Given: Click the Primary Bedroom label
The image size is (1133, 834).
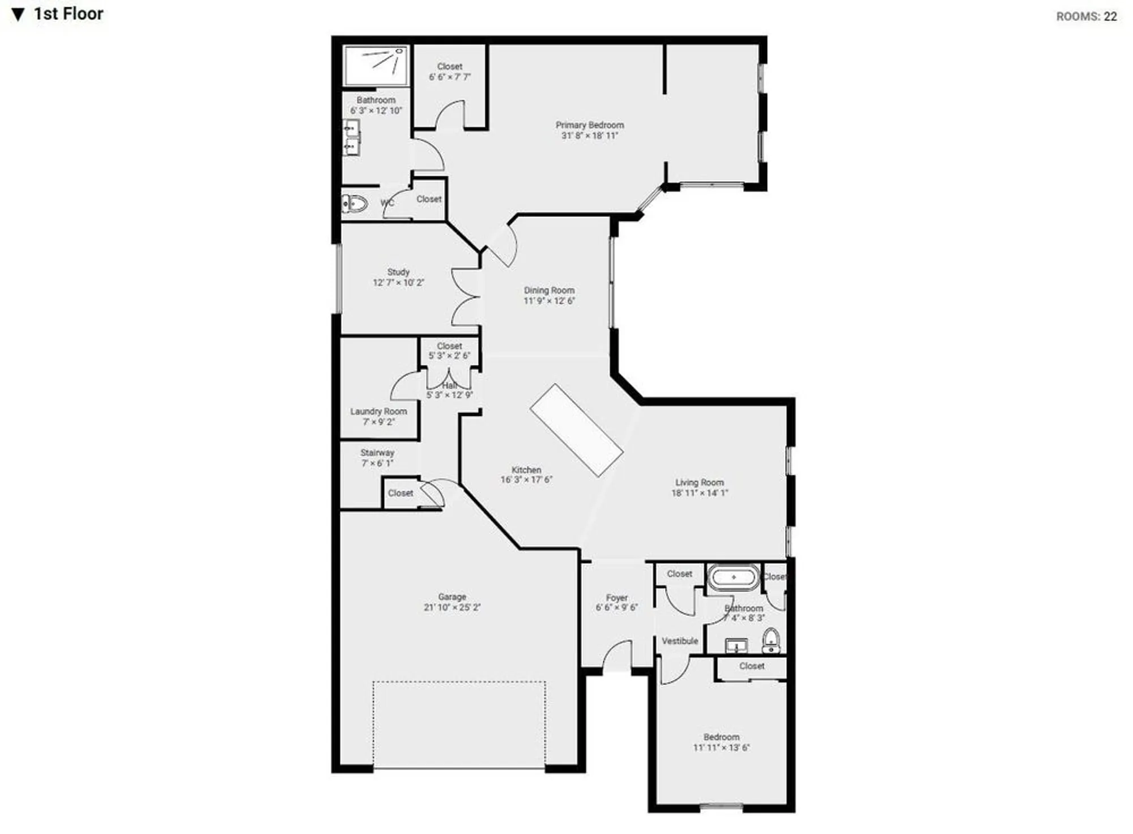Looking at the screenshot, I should [590, 125].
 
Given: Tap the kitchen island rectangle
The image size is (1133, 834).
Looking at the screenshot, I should [576, 430].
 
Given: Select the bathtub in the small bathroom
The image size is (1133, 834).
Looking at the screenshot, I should [734, 577].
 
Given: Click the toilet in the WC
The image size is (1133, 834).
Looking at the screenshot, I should [355, 203].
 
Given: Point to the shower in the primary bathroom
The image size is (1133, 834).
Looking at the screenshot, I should [376, 66].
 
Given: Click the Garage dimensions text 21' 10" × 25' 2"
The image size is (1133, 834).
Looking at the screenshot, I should [452, 607].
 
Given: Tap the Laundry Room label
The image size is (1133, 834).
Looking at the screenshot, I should [378, 411].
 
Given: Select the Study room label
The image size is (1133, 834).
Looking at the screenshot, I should [398, 272].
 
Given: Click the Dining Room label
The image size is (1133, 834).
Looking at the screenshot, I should [549, 290].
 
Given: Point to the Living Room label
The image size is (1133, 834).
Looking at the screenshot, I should [700, 483].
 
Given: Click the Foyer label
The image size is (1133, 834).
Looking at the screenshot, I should [617, 598].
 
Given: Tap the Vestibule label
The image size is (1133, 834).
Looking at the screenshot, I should [680, 641].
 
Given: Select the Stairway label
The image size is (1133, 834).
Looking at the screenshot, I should [377, 453].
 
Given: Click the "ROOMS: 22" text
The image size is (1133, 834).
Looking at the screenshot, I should [1086, 16].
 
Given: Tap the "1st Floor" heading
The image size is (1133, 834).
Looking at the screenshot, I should [69, 14].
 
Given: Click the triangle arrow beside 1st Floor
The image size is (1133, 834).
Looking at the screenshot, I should [18, 15].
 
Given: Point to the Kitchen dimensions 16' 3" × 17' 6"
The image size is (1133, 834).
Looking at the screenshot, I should [526, 480].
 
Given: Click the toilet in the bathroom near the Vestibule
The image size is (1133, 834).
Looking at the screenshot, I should [770, 641].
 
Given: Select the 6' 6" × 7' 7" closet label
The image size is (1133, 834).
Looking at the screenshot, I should [450, 77].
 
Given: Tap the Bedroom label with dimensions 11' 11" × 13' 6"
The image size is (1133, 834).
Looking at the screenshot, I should [721, 737].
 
